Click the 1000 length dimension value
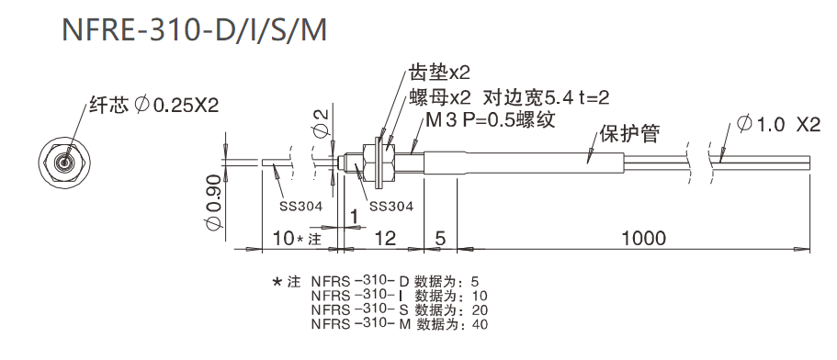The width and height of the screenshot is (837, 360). tap(642, 238)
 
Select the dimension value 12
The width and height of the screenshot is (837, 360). tap(385, 238)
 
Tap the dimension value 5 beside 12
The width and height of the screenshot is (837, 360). tap(440, 238)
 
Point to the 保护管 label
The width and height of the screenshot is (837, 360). tap(629, 134)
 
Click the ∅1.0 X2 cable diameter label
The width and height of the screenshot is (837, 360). tap(777, 124)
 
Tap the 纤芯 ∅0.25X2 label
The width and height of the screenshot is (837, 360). tap(153, 105)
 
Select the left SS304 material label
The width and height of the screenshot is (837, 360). tap(300, 206)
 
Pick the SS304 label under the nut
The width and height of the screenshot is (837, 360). tap(390, 206)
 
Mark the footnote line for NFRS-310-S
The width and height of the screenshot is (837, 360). tap(395, 309)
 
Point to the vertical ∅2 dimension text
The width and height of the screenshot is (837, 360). tap(319, 122)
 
